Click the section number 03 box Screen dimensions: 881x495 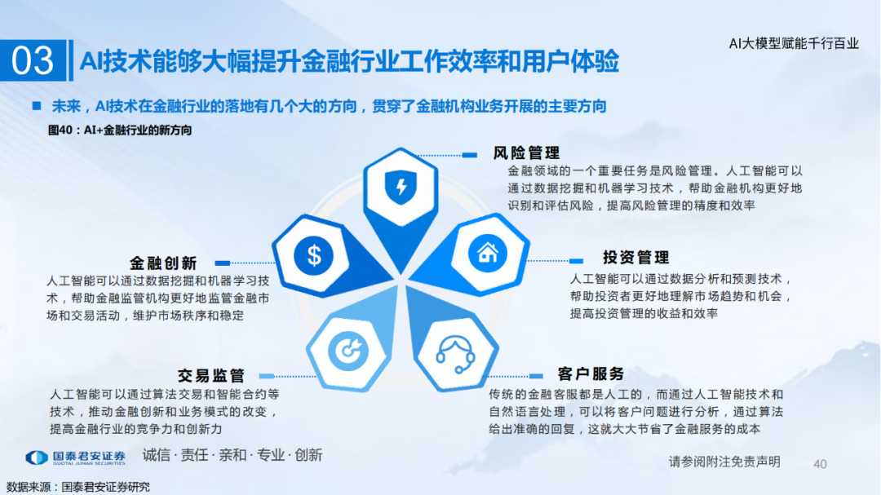click(x=33, y=60)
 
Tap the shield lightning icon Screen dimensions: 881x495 click(x=401, y=187)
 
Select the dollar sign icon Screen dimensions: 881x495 click(x=313, y=255)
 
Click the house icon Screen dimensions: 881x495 click(x=487, y=254)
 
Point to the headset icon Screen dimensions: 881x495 click(x=456, y=354)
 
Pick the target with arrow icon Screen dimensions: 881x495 click(x=348, y=351)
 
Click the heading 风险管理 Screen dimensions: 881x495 click(x=526, y=152)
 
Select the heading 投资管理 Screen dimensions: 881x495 click(x=636, y=258)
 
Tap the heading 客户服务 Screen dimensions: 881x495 click(x=591, y=374)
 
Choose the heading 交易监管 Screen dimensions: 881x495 click(x=211, y=376)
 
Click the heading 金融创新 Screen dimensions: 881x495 click(x=163, y=263)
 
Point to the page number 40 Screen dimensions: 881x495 click(x=820, y=464)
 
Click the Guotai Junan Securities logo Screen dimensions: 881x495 click(x=75, y=457)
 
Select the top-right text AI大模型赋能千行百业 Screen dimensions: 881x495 click(x=794, y=43)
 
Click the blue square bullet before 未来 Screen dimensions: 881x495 click(x=37, y=106)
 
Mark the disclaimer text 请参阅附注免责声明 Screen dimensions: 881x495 click(x=724, y=462)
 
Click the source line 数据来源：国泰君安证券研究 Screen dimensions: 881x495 click(x=78, y=487)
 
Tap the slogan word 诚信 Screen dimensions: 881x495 click(x=156, y=455)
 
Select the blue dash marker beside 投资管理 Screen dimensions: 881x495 click(x=576, y=261)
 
